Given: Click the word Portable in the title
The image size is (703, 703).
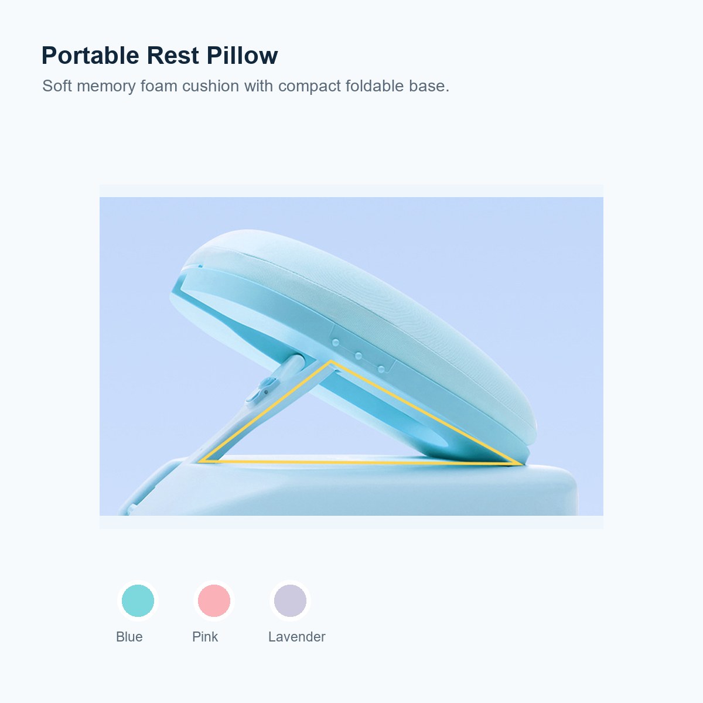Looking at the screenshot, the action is [90, 56].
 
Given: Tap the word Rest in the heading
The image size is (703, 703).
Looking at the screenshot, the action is [173, 56].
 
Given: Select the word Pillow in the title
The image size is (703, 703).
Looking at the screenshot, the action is [242, 56].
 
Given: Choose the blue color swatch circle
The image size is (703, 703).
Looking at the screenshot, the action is [138, 600].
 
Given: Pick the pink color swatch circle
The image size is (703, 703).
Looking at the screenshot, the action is [214, 600].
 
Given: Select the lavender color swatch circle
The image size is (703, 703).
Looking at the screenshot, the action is [290, 600].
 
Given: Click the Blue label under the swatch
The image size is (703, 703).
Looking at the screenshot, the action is [129, 637].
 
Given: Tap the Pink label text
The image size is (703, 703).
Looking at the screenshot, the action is [205, 637].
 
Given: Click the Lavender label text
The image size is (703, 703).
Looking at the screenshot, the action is [296, 637].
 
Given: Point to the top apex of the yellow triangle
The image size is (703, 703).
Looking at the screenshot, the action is [331, 361].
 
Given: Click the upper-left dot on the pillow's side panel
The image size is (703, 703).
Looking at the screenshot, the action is [336, 342].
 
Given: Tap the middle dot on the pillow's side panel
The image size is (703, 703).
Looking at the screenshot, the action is [359, 356].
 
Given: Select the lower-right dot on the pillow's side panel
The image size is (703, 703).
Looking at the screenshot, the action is [381, 369].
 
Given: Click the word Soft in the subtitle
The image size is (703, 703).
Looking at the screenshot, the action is [57, 86].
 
